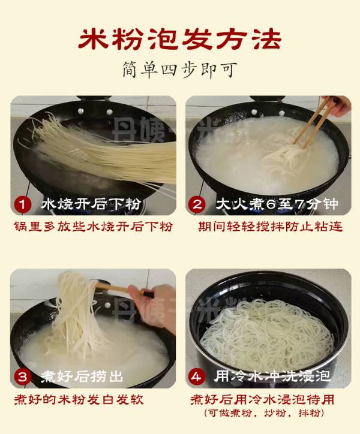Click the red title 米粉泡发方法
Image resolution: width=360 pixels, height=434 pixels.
[x=180, y=39]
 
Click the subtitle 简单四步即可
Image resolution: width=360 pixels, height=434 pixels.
[x=180, y=70]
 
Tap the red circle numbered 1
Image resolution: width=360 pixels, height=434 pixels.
[x=22, y=204]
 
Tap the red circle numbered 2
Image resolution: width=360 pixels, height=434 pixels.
[x=197, y=204]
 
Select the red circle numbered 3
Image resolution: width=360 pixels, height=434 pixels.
[x=22, y=376]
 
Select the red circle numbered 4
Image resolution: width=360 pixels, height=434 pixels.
[x=197, y=376]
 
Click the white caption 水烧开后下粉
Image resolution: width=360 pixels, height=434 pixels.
[x=91, y=204]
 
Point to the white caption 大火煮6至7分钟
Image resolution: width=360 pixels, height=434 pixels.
[x=277, y=204]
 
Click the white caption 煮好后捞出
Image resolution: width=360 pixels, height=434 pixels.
[x=82, y=376]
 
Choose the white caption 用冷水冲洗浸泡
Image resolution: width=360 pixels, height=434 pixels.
[x=272, y=376]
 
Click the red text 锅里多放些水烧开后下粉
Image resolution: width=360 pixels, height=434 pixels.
[x=94, y=227]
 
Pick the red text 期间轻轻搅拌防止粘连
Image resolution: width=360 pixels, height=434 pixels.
[x=270, y=227]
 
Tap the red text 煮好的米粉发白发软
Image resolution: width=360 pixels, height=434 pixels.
[x=79, y=400]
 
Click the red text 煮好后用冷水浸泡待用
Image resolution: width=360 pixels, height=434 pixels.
[x=262, y=400]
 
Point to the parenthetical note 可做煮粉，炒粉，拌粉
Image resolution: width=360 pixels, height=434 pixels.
[x=264, y=413]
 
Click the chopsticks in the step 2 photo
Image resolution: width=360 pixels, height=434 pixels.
[x=313, y=123]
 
